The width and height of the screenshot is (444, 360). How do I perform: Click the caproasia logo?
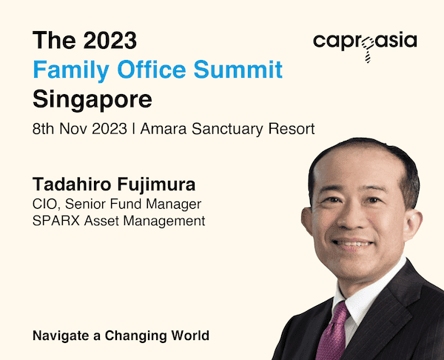[x=365, y=46]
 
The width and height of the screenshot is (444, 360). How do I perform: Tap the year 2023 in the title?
[x=110, y=40]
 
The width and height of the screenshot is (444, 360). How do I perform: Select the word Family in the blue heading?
[x=71, y=70]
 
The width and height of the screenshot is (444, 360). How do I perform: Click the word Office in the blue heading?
[x=152, y=69]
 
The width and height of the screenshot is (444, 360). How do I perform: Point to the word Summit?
[x=238, y=69]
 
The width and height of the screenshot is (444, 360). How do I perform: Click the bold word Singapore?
[x=92, y=100]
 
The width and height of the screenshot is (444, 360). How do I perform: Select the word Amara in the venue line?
[x=164, y=129]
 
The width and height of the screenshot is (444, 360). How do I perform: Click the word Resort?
[x=292, y=129]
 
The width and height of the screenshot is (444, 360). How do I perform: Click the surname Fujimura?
[x=156, y=185]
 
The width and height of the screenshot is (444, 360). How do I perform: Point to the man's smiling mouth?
[x=352, y=244]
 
